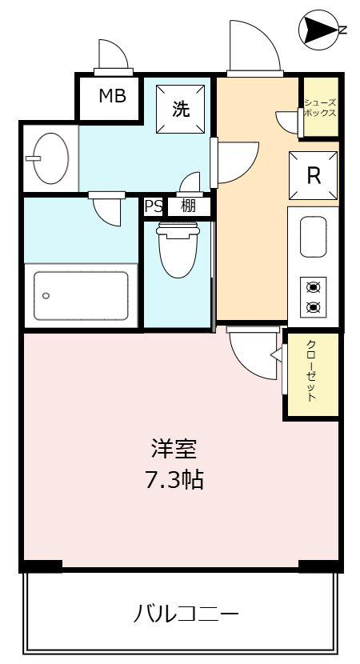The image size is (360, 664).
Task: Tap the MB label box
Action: pos(112,97)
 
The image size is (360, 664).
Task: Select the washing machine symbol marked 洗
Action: pos(182,108)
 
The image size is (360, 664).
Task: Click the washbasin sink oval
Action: pos(46,158)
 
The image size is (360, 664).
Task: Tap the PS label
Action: pos(153,206)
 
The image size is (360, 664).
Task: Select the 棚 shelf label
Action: pos(189,206)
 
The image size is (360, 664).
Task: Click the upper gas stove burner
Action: pos(314,287)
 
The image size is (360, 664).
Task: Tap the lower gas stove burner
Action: pos(314,306)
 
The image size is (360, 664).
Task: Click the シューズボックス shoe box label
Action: pos(320,107)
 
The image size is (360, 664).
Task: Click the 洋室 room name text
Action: pos(175,448)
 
